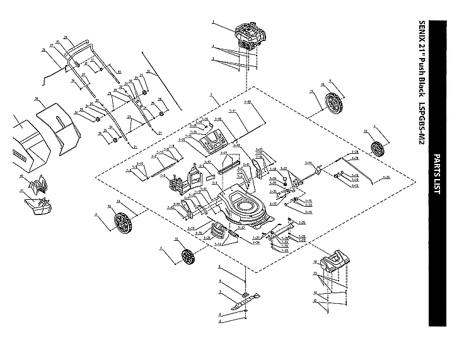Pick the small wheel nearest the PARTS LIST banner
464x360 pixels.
click(x=378, y=149)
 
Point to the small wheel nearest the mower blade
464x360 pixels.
click(x=186, y=257)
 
